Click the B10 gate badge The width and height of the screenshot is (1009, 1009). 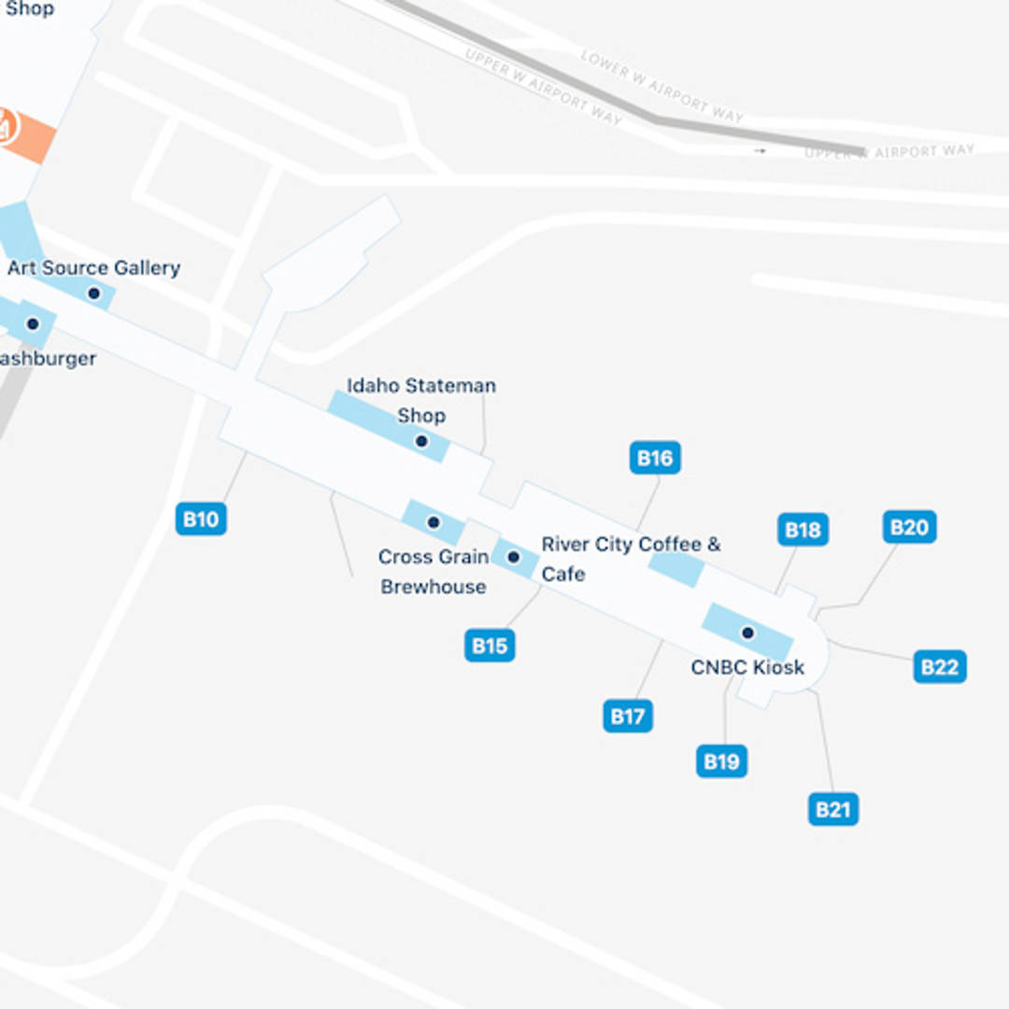(201, 519)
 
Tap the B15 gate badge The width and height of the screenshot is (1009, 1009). (490, 646)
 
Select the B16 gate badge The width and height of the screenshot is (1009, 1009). (655, 458)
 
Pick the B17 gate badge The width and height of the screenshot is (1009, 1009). (628, 717)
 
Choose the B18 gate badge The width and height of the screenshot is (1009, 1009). (803, 531)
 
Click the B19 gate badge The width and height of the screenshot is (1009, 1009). (721, 761)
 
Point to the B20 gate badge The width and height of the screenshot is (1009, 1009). (909, 527)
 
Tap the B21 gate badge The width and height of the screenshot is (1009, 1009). (832, 809)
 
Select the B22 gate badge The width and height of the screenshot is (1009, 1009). (940, 667)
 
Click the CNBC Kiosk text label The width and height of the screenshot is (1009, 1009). (747, 668)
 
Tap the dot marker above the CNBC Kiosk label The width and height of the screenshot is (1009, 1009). (747, 633)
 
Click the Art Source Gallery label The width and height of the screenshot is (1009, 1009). (93, 268)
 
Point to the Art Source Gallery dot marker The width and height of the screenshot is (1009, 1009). (93, 293)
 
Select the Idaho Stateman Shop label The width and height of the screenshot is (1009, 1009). (421, 400)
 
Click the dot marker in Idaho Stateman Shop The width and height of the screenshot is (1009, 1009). (421, 441)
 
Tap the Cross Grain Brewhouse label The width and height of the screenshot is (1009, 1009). (433, 572)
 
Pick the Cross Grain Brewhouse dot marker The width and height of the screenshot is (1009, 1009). (433, 522)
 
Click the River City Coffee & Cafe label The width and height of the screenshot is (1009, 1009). (631, 558)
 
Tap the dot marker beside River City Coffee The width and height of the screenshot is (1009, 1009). (513, 558)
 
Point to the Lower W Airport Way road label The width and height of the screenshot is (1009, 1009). (661, 86)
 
